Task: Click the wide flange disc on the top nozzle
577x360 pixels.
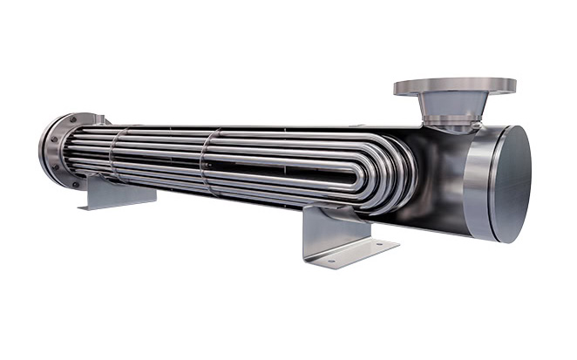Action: click(454, 86)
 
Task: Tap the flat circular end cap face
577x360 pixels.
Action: click(511, 184)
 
